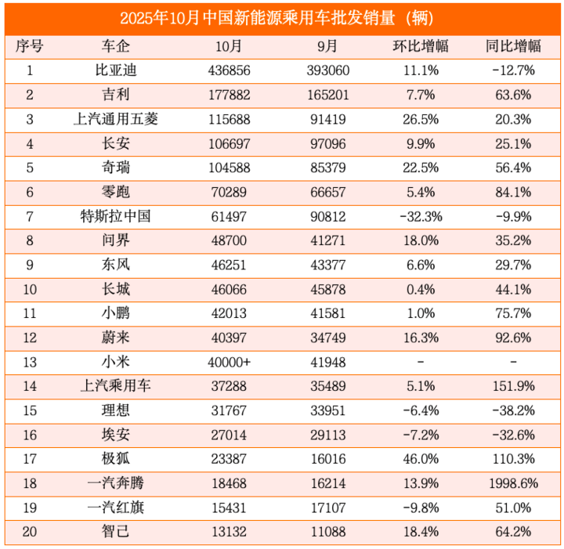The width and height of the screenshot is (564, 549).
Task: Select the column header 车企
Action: click(x=116, y=45)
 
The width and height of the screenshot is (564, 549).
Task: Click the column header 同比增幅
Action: click(x=514, y=45)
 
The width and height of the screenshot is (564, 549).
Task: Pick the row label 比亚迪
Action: click(x=116, y=70)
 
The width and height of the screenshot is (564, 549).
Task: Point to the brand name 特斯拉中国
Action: click(x=116, y=217)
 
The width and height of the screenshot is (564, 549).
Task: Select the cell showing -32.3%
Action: click(x=420, y=217)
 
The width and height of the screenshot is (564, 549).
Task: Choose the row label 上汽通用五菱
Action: click(x=116, y=119)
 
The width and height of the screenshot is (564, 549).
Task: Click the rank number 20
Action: click(x=30, y=534)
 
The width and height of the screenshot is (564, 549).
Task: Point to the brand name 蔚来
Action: click(x=116, y=339)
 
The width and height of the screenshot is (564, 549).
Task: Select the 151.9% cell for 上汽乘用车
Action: click(x=514, y=388)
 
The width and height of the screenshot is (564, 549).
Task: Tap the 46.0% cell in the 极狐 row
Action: click(x=420, y=461)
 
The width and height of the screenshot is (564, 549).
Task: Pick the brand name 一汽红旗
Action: click(x=116, y=510)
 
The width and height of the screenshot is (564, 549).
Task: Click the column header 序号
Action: click(x=30, y=45)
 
